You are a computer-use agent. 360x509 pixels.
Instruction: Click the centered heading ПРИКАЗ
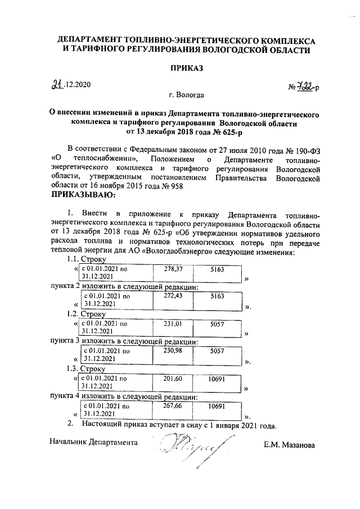coord(185,68)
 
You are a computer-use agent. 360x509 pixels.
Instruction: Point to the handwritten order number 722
coord(306,87)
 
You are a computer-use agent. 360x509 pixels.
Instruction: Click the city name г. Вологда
coord(186,95)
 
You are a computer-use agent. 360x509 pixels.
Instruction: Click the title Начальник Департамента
coord(93,443)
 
